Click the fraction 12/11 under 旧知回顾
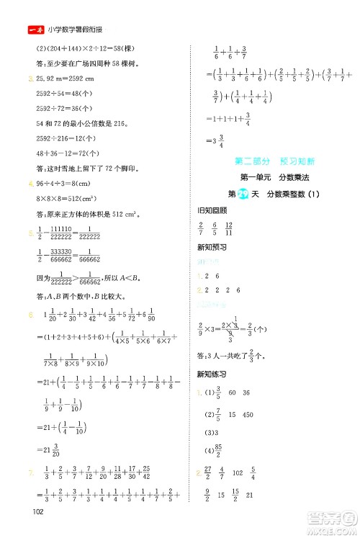coord(248,228)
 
